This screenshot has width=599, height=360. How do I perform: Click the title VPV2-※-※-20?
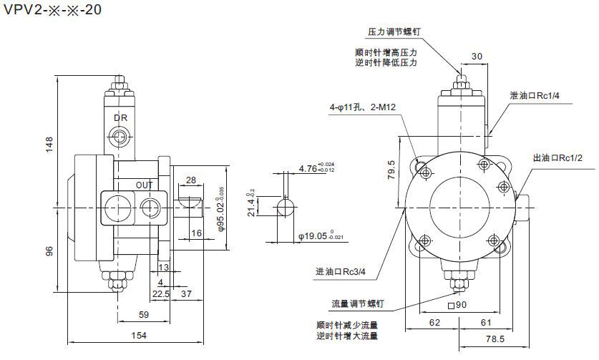click(x=51, y=13)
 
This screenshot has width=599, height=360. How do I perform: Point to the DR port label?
click(x=120, y=117)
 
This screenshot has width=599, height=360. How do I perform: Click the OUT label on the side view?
click(x=145, y=185)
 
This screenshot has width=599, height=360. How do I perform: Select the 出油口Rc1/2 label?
click(x=558, y=157)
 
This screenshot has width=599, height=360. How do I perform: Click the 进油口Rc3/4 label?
click(x=341, y=272)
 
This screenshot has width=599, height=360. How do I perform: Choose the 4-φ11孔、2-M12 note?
click(x=364, y=107)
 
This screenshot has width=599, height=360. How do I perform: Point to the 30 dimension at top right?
click(x=477, y=57)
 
